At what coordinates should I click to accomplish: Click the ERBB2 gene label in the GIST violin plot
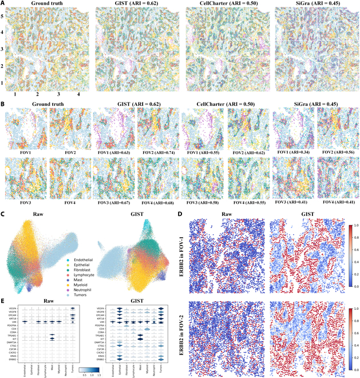(x=96, y=359)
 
